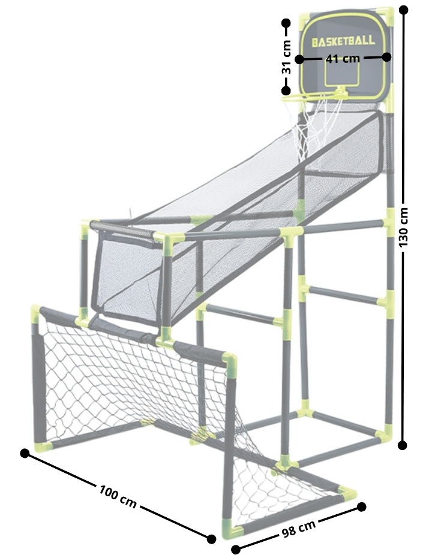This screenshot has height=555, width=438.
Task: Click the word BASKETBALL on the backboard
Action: [x=343, y=41]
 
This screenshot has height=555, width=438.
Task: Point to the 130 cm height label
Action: [x=403, y=227]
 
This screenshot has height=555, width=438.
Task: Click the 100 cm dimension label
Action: [x=118, y=497]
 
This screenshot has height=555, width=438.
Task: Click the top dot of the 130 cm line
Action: [x=403, y=10]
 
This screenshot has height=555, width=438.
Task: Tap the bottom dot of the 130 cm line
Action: [x=403, y=445]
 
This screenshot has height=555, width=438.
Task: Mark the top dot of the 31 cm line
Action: [x=286, y=23]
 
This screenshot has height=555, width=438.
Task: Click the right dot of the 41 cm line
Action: [x=386, y=56]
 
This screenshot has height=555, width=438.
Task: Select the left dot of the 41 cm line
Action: [x=299, y=59]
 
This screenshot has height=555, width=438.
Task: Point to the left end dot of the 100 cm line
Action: [x=25, y=453]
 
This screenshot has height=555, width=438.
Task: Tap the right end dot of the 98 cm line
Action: [x=361, y=507]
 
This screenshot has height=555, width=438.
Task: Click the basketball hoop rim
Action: [x=314, y=95]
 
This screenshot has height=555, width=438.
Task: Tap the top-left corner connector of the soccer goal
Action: [x=36, y=312]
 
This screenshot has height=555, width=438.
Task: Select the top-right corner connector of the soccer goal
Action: [x=230, y=361]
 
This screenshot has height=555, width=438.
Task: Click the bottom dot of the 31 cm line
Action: [x=286, y=91]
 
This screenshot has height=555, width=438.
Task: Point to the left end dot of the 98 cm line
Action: [x=236, y=550]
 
